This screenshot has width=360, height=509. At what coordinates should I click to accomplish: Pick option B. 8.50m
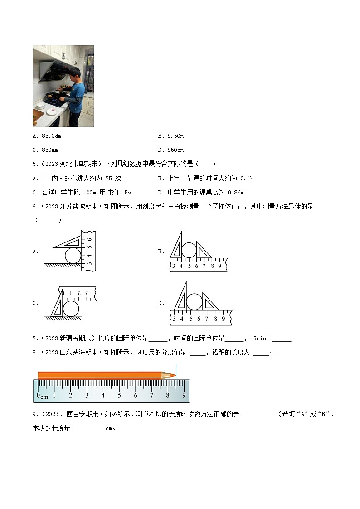point(170,136)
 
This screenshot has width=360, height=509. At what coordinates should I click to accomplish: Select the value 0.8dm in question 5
point(235,192)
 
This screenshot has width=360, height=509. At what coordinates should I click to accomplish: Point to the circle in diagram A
point(73,256)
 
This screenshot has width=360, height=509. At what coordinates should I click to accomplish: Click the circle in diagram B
point(190,250)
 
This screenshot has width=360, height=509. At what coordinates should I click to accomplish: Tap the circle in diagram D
point(194,302)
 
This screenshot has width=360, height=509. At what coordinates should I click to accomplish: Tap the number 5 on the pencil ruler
point(119,395)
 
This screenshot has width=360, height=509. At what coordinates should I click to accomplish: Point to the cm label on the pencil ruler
point(44,397)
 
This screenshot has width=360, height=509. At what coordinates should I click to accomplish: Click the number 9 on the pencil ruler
point(184,395)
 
